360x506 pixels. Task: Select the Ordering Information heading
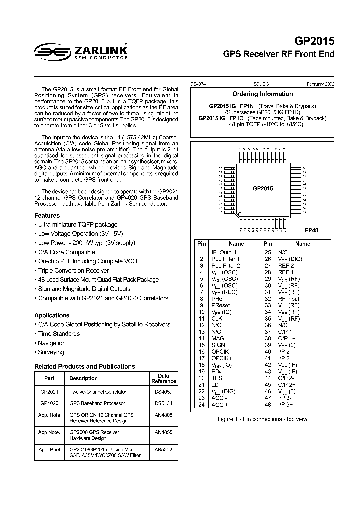click(263, 94)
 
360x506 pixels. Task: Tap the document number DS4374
click(198, 85)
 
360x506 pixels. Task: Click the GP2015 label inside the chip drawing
click(263, 188)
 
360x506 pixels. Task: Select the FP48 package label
click(311, 230)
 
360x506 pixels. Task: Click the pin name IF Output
click(224, 252)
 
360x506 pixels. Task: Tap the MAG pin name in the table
click(218, 338)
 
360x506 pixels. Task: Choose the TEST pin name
click(219, 378)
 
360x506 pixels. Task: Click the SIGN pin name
click(218, 345)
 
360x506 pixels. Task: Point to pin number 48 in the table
click(268, 404)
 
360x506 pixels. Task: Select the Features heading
click(47, 216)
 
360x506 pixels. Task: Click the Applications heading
click(52, 315)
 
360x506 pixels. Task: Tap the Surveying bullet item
click(51, 352)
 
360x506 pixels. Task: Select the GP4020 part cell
click(49, 403)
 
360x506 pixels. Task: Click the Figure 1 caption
click(263, 419)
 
